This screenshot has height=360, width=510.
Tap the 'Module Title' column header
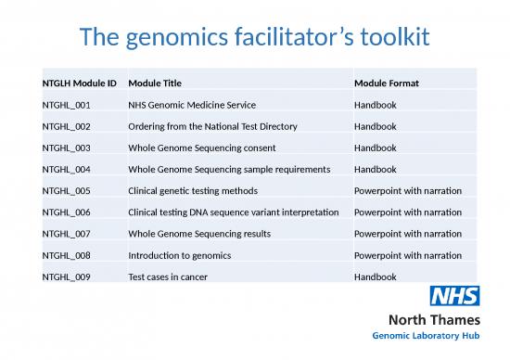tap(154, 84)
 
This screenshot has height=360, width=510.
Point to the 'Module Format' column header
tap(387, 84)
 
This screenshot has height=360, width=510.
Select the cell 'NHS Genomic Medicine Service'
tap(191, 105)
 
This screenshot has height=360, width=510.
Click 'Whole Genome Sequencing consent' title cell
tap(202, 148)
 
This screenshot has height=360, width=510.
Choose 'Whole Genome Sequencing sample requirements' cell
tap(228, 169)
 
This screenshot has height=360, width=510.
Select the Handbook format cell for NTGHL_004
tap(376, 169)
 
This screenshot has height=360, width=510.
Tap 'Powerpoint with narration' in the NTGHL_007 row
tap(408, 234)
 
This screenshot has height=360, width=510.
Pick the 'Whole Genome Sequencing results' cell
tap(199, 234)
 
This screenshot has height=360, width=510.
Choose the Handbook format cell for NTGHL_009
tap(376, 276)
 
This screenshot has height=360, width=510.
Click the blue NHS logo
tap(453, 297)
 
